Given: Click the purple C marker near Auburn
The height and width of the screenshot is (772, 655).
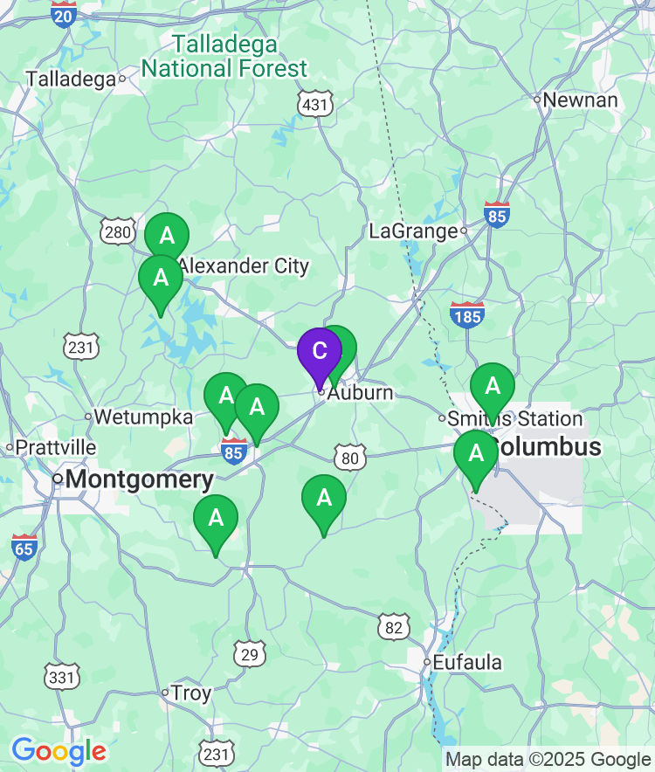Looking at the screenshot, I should [320, 352].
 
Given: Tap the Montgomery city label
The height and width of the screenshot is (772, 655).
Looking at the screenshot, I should [139, 479].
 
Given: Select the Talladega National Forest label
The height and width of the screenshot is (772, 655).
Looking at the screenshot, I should [224, 56].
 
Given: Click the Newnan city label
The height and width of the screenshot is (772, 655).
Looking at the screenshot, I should [580, 100].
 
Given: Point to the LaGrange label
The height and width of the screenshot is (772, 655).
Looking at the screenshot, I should [413, 231].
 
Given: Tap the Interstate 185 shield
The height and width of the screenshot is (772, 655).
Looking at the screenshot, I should [467, 314].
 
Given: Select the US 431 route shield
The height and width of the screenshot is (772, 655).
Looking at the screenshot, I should [314, 105].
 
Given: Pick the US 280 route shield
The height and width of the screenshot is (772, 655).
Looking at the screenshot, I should [117, 231].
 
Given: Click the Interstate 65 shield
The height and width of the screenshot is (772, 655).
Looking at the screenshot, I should [24, 547].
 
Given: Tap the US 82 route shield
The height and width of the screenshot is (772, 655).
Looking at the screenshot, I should [395, 626].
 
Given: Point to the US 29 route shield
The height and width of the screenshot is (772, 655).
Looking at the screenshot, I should [250, 653].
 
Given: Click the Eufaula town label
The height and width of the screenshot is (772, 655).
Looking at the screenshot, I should [469, 663].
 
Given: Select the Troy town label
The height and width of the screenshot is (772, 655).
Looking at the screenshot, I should [190, 693].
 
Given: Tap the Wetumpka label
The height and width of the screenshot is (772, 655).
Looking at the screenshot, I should [142, 417].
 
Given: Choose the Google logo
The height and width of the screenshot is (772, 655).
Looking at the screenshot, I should [59, 750].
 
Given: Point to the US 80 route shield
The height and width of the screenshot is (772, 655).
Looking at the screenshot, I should [349, 457].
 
